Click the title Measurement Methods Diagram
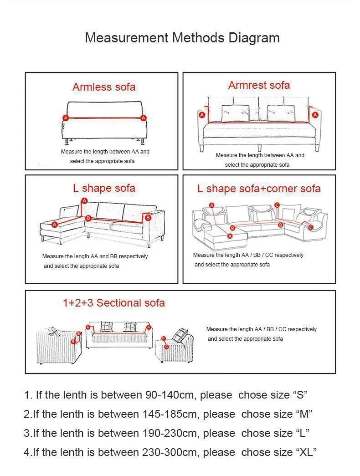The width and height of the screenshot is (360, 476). point(182,38)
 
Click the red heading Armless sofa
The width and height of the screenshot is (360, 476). point(104,87)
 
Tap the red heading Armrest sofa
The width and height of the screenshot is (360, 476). point(259,85)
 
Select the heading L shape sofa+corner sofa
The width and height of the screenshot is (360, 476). point(259,189)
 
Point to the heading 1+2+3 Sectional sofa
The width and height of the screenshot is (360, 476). point(113,303)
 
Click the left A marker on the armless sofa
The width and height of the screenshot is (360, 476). point(65,118)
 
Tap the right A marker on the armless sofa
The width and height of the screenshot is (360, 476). point(144,118)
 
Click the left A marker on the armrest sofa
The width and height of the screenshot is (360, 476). point(202,115)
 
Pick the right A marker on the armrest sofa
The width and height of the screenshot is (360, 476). point(315,115)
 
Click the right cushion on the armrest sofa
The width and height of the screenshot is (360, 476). point(281,113)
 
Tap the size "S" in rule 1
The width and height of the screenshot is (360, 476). point(300,395)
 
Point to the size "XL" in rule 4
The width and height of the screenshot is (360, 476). point(306,452)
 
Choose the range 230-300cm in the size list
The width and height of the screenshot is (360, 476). point(171,452)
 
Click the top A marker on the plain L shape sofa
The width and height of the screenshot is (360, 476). point(84,200)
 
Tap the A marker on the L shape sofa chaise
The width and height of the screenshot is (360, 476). point(54,225)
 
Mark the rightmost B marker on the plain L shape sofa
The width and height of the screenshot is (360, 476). point(148,217)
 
